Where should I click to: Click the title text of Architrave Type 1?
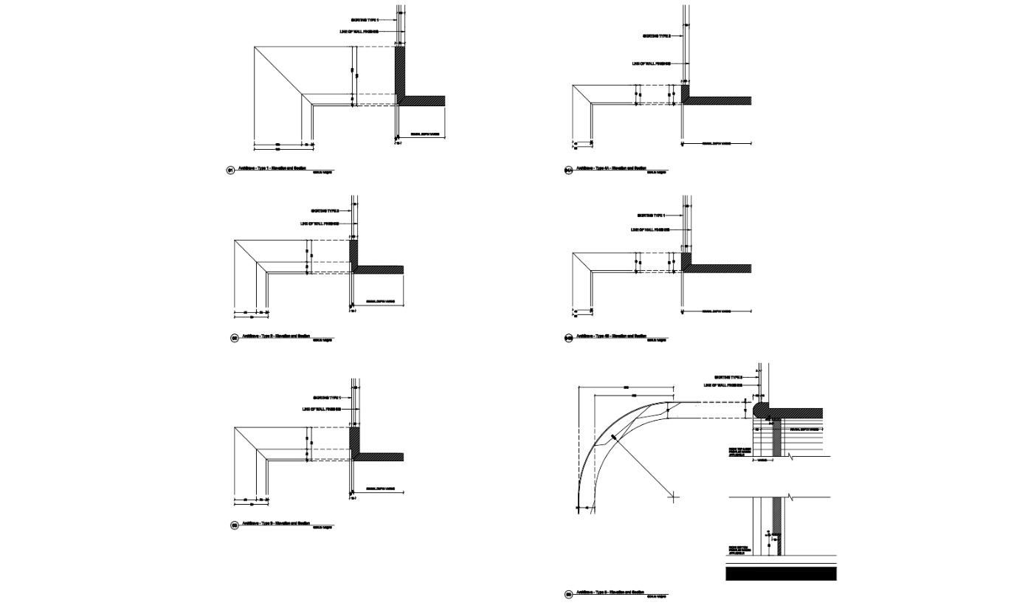[x=272, y=168]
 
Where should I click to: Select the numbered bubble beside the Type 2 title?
[x=235, y=338]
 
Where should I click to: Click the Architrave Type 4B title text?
[x=611, y=336]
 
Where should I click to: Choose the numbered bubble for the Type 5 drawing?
[x=569, y=594]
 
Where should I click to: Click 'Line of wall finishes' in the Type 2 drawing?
[x=320, y=224]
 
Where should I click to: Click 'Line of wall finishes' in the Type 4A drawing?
[x=651, y=64]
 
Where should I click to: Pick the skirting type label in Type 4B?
[x=651, y=215]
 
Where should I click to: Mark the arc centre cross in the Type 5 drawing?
[x=673, y=497]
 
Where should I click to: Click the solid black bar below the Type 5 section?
[x=781, y=573]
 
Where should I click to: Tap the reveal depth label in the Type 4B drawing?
[x=716, y=311]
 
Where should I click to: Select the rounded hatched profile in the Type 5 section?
[x=760, y=410]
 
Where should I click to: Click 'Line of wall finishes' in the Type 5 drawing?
[x=722, y=385]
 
